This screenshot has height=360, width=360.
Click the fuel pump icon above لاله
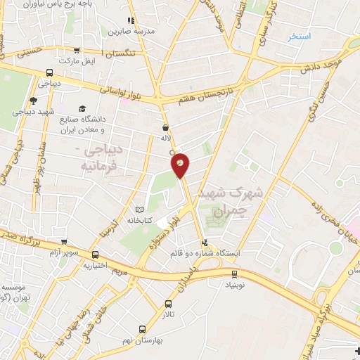click(165, 128)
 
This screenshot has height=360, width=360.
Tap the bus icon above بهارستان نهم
click(143, 328)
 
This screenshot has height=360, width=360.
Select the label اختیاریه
click(96, 265)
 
